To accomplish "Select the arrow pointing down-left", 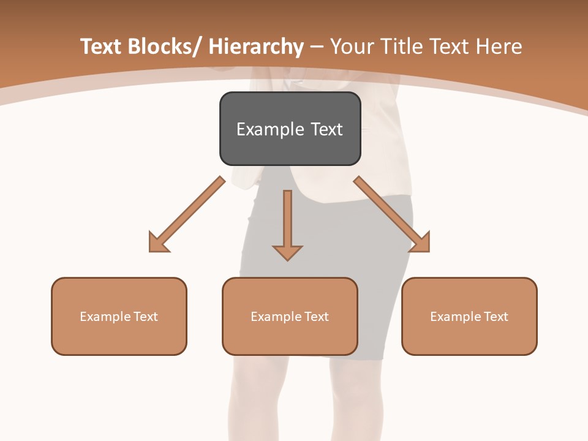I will pyautogui.click(x=187, y=214).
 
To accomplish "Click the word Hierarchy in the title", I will pyautogui.click(x=256, y=47).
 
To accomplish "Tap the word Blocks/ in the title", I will pyautogui.click(x=162, y=47).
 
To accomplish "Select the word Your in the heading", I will pyautogui.click(x=353, y=47).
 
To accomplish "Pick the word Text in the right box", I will pyautogui.click(x=496, y=317).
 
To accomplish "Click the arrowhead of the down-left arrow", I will pyautogui.click(x=158, y=243).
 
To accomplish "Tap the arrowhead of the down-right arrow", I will pyautogui.click(x=421, y=243).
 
